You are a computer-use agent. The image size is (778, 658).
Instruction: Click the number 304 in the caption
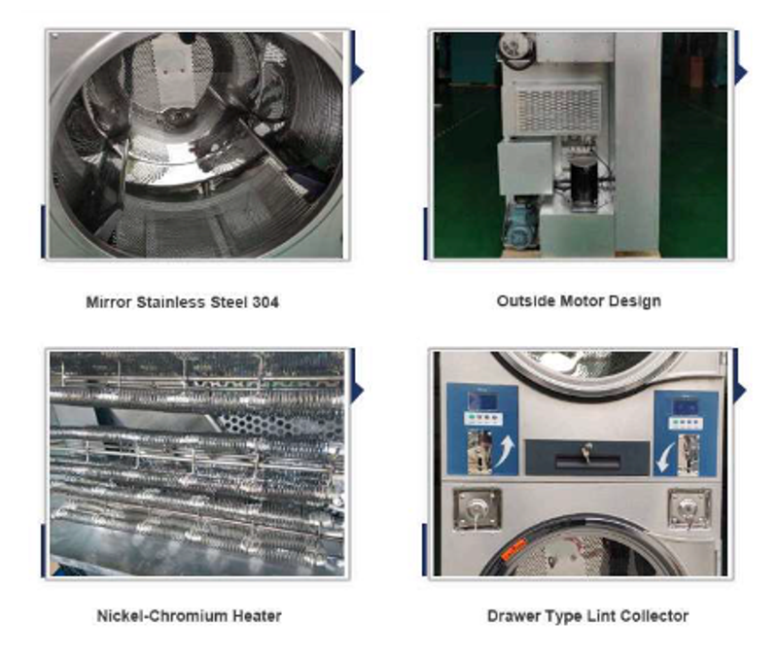click(265, 302)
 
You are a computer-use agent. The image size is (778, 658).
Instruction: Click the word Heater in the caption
click(257, 616)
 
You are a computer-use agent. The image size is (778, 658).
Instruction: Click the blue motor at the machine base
click(521, 225)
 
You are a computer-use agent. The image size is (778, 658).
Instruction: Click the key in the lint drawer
click(586, 452)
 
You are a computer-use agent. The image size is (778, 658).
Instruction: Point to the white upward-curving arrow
click(504, 452)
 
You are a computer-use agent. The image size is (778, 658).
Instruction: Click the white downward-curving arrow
click(664, 457)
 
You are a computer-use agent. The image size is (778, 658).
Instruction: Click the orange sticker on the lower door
click(513, 549)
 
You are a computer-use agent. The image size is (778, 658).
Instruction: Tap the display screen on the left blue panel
click(481, 400)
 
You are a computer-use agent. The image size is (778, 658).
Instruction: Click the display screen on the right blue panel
click(685, 406)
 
